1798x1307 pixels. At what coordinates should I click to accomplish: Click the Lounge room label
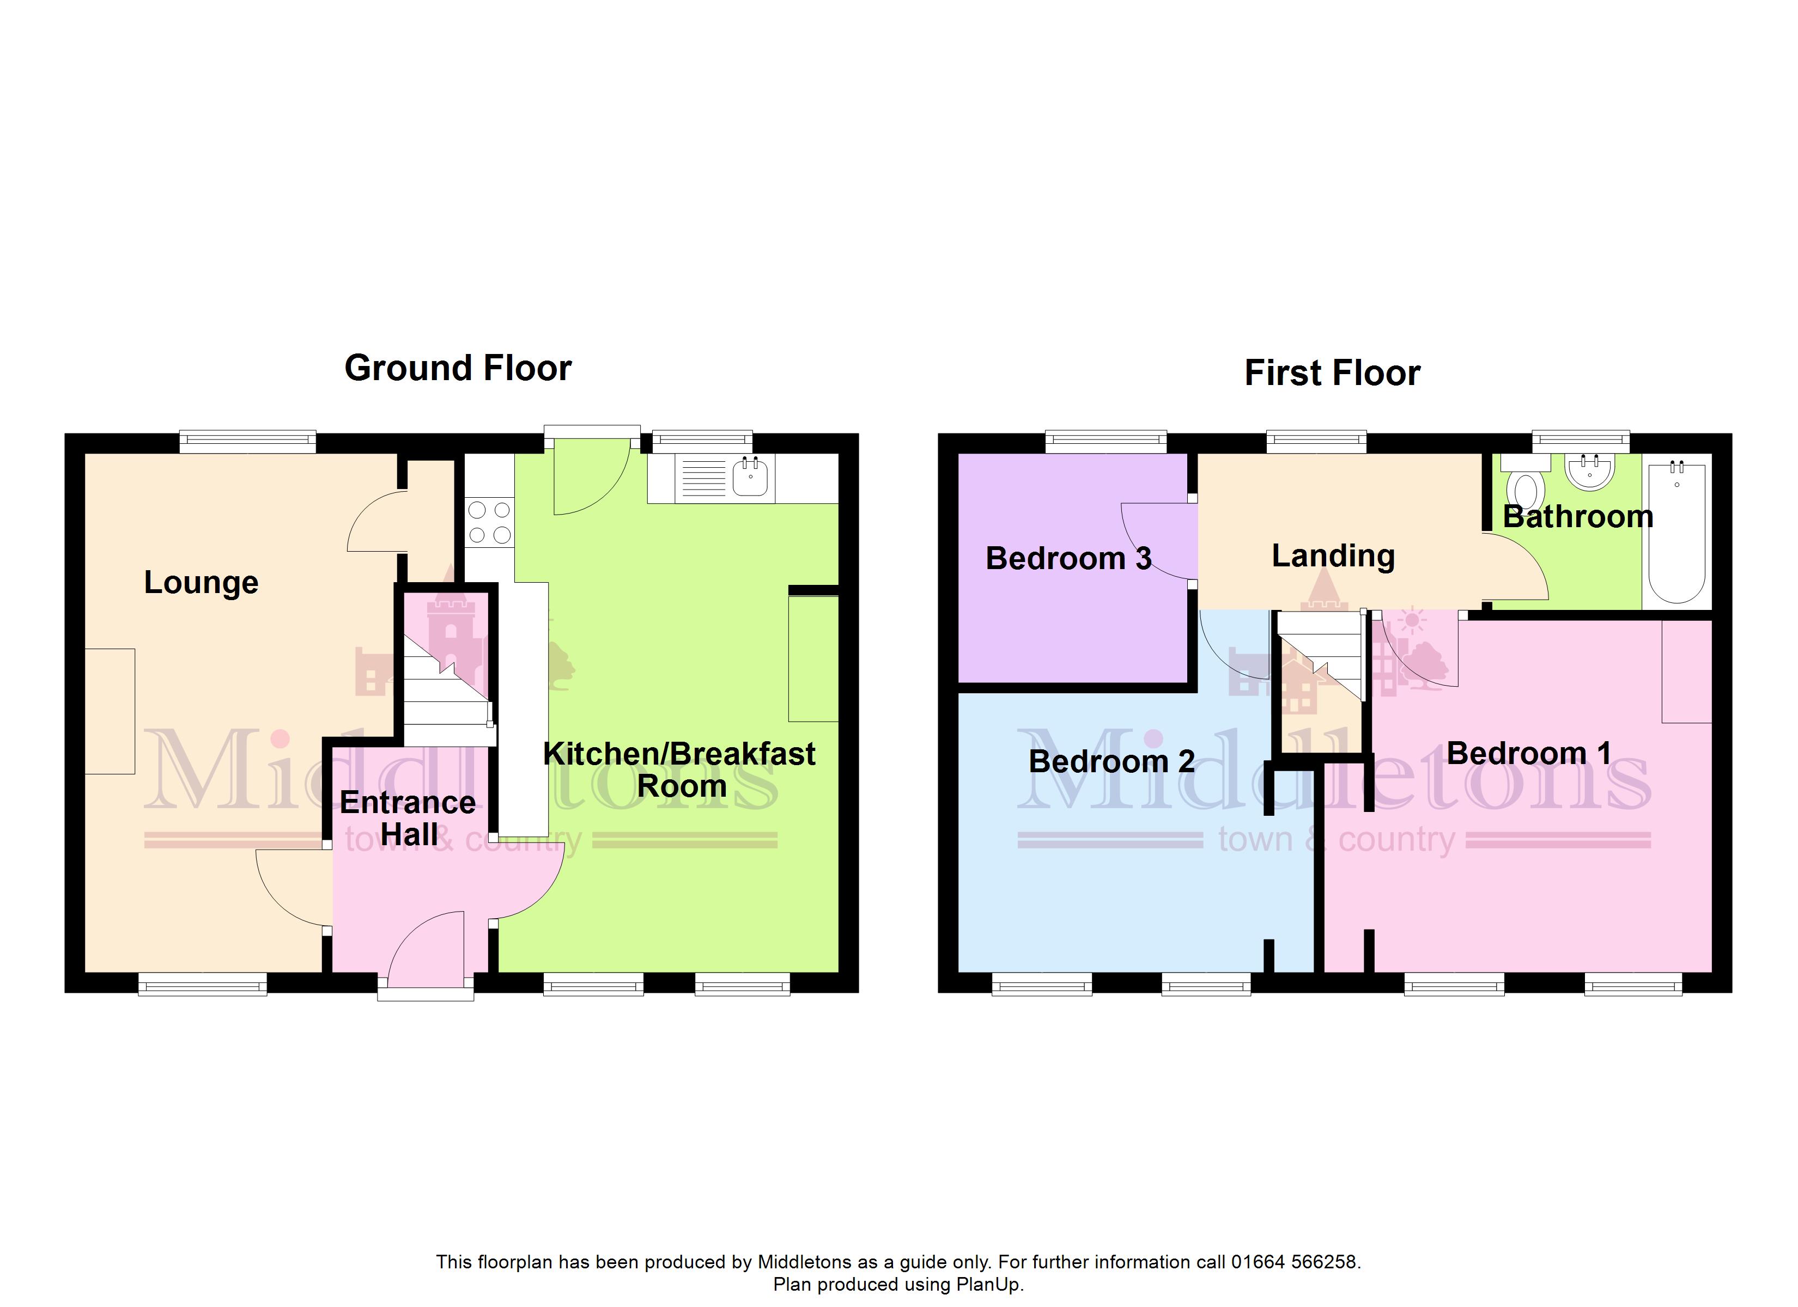[202, 583]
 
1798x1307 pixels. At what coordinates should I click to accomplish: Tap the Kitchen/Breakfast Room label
[679, 769]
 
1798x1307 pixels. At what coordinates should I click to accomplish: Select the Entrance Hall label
[408, 818]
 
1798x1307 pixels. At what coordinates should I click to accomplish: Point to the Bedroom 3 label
[1068, 558]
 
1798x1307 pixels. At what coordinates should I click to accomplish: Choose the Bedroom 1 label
[1528, 753]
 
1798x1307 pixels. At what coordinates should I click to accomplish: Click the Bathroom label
[1578, 517]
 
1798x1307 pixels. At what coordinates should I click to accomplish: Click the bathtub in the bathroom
[1676, 532]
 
